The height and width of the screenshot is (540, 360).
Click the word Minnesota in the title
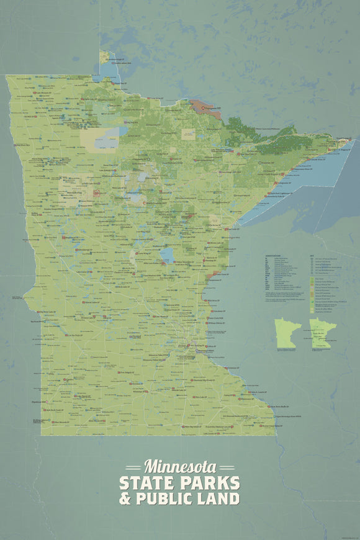click(180, 466)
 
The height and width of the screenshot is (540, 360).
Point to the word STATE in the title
click(148, 483)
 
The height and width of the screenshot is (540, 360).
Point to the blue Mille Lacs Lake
click(167, 254)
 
